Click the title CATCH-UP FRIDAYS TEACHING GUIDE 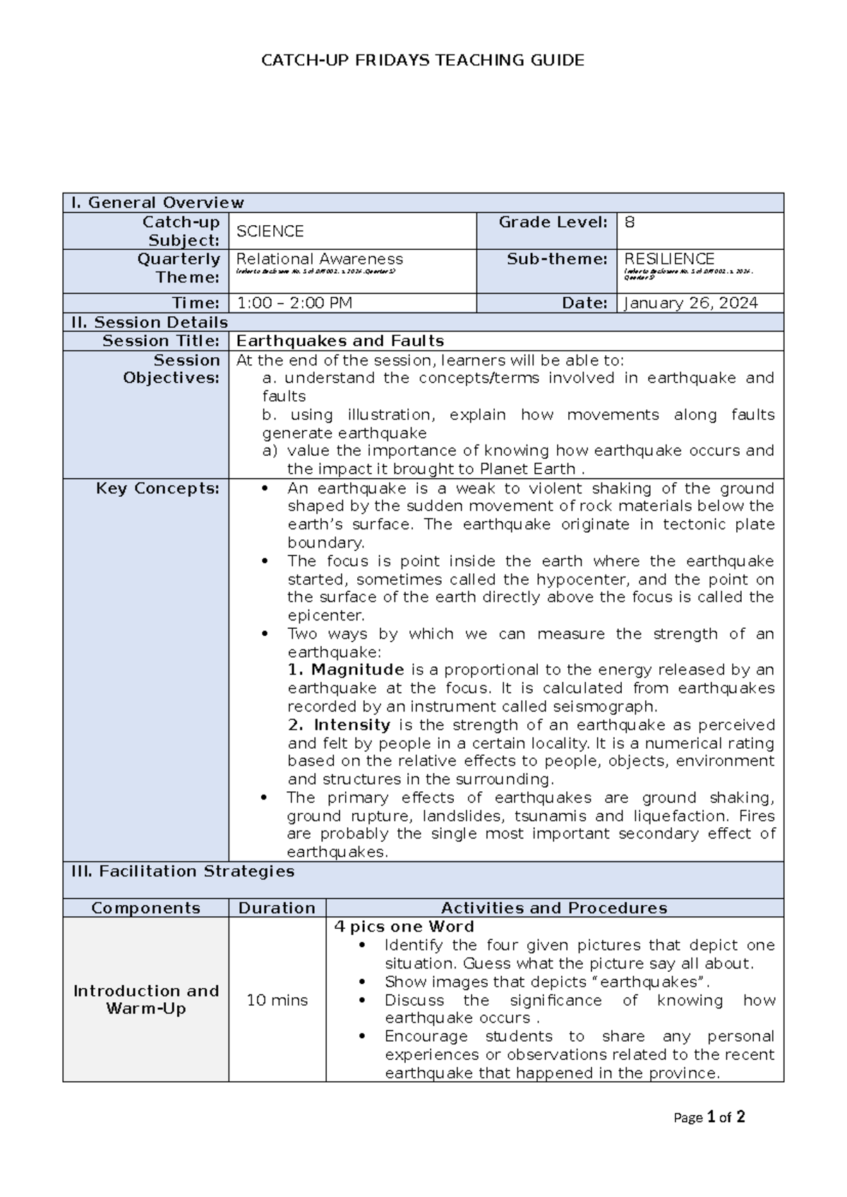click(x=423, y=61)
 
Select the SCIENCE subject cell click(x=270, y=231)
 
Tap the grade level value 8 click(x=630, y=222)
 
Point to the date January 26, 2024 click(x=691, y=303)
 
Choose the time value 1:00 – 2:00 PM click(x=294, y=303)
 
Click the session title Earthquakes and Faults click(x=340, y=342)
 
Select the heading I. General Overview click(x=157, y=203)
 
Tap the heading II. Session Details click(x=150, y=323)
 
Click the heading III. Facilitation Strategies click(x=183, y=872)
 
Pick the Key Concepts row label click(x=157, y=488)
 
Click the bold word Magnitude click(x=357, y=670)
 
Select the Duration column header click(x=277, y=908)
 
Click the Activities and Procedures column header click(x=554, y=908)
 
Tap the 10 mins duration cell click(x=277, y=1000)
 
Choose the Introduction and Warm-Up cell click(x=146, y=1000)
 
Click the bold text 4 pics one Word click(x=404, y=927)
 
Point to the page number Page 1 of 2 click(x=709, y=1118)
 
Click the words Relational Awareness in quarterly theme click(x=319, y=259)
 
